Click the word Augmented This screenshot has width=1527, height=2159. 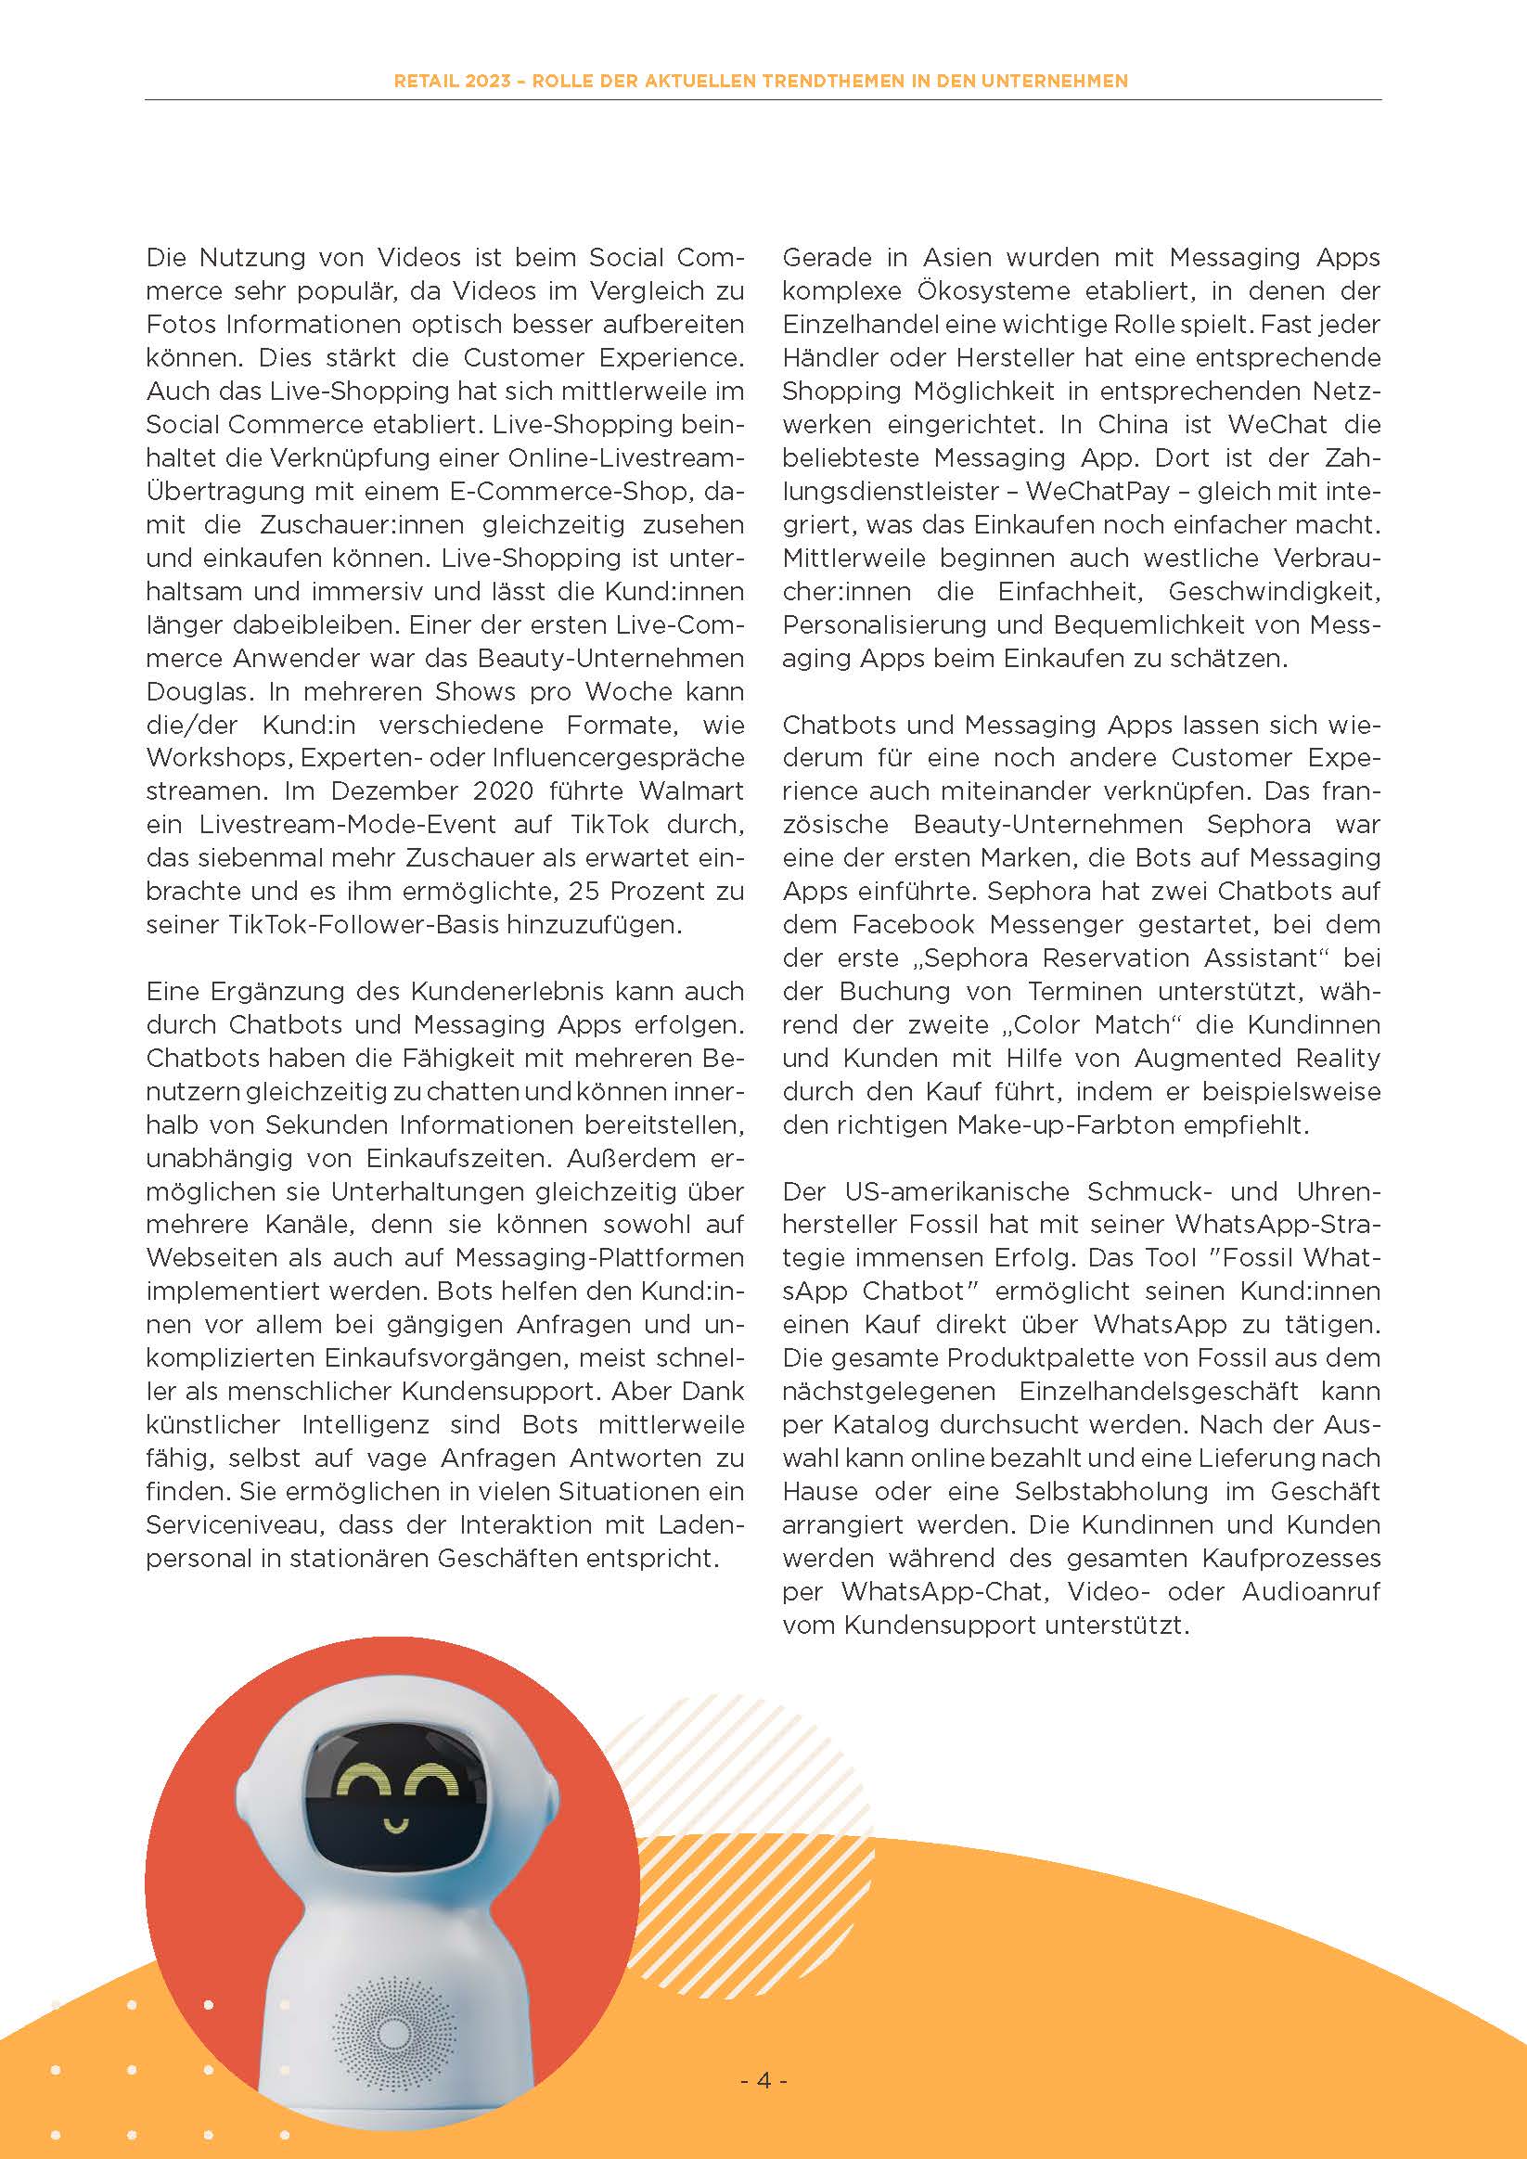pos(1207,1058)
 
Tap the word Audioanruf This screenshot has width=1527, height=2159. pos(1311,1591)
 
